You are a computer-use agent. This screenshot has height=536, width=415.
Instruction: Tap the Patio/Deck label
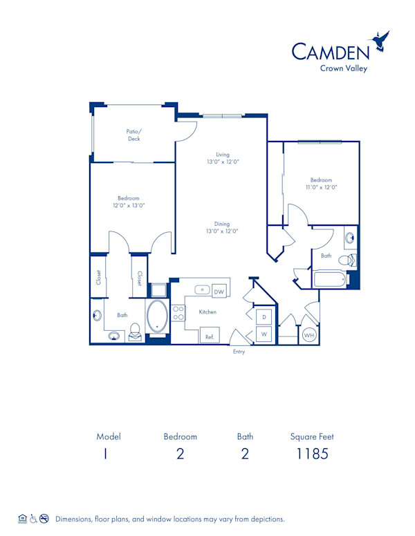[x=133, y=135]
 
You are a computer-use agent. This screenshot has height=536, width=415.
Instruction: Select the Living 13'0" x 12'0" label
[x=222, y=158]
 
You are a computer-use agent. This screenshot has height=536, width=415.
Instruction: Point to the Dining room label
[x=222, y=227]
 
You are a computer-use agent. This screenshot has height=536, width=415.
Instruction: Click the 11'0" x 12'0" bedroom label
[x=321, y=184]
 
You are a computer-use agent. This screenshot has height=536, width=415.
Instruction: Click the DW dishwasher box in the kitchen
[x=220, y=291]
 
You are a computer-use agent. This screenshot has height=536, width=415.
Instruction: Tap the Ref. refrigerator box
[x=209, y=336]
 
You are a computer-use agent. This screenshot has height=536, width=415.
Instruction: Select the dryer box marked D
[x=264, y=317]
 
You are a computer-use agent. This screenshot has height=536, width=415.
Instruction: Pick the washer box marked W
[x=264, y=334]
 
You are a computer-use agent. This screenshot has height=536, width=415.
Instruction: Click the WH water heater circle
[x=308, y=336]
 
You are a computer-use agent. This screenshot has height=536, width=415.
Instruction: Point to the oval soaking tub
[x=158, y=316]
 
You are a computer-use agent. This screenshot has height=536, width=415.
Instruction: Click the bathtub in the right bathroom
[x=330, y=280]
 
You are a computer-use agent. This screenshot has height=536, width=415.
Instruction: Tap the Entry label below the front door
[x=239, y=352]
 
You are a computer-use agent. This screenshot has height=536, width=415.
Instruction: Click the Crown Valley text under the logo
[x=344, y=68]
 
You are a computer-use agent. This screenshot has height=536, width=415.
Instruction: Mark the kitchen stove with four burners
[x=178, y=312]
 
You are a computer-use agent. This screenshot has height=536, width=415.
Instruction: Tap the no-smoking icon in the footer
[x=44, y=517]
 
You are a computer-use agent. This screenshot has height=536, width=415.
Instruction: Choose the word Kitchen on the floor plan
[x=207, y=312]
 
